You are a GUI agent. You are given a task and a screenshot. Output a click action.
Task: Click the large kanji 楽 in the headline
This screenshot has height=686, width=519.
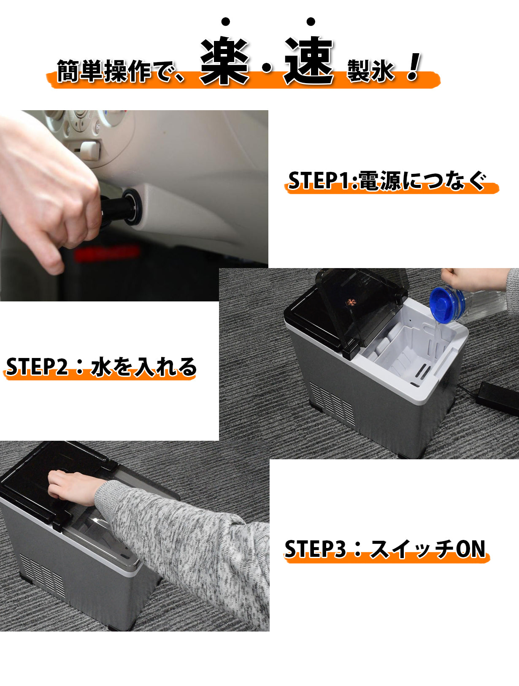pyautogui.click(x=224, y=60)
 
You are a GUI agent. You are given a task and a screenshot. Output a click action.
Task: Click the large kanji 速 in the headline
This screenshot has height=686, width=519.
pyautogui.click(x=309, y=60)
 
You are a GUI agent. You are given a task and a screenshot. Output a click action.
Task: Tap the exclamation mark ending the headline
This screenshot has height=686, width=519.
pyautogui.click(x=414, y=66)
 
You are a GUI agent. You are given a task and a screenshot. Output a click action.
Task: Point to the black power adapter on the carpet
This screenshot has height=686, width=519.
pyautogui.click(x=499, y=399)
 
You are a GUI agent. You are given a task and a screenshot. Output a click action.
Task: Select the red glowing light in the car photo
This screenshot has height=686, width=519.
pyautogui.click(x=106, y=253)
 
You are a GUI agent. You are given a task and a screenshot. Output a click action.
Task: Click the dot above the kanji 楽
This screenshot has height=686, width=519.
pyautogui.click(x=225, y=22)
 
